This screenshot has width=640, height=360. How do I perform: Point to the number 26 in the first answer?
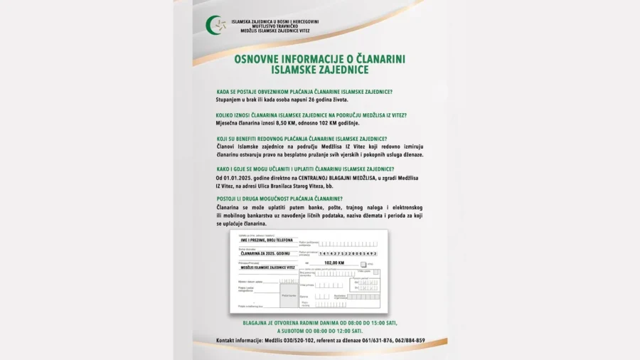(x=306, y=100)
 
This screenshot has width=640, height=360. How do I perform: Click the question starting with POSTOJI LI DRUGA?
(x=279, y=198)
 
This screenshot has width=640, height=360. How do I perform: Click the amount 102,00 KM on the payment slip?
(x=334, y=263)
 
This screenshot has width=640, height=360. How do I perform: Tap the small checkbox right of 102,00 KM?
(x=364, y=263)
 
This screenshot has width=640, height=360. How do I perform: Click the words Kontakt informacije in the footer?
(x=238, y=341)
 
